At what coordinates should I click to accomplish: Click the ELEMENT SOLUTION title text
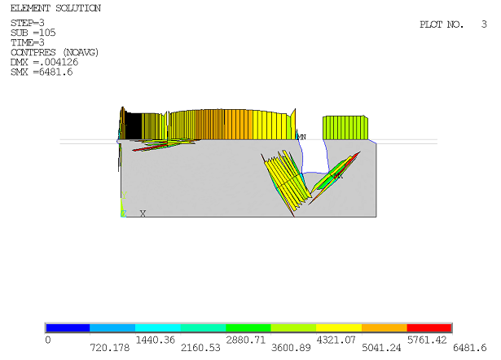click(x=55, y=8)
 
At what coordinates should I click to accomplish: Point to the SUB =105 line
click(x=31, y=33)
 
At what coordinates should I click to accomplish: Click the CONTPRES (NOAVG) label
click(x=54, y=52)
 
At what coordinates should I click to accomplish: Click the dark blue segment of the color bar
click(x=68, y=327)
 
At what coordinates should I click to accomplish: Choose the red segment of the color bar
click(x=428, y=327)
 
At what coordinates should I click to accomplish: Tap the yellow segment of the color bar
click(x=338, y=327)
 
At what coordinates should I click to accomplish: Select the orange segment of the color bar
click(x=384, y=327)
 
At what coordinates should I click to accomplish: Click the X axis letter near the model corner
click(x=143, y=213)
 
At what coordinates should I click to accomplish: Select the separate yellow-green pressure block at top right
click(x=345, y=127)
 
